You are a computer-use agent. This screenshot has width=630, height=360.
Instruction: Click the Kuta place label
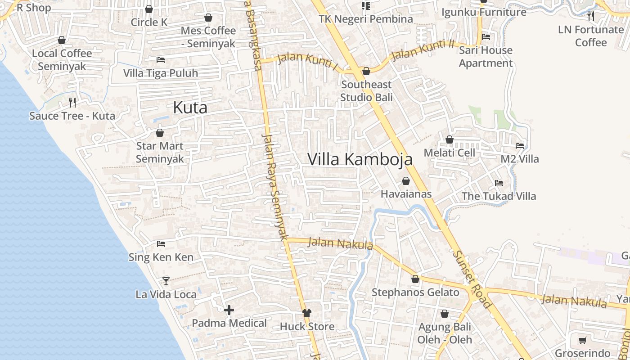(190, 108)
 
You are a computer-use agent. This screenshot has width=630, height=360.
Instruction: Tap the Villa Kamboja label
(360, 159)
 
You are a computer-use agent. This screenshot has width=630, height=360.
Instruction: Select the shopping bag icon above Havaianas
(406, 181)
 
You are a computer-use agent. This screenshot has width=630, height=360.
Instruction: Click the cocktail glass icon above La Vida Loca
(166, 281)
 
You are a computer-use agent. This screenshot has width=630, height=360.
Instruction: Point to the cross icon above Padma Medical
(229, 310)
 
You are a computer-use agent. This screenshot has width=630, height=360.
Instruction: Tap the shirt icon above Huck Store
(307, 313)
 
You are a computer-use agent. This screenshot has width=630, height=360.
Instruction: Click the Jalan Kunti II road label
(423, 49)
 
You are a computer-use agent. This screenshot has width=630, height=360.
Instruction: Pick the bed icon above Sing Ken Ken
(161, 244)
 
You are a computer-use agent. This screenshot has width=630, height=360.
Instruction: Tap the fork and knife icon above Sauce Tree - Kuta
(72, 103)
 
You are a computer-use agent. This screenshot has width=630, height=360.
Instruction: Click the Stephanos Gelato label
(415, 292)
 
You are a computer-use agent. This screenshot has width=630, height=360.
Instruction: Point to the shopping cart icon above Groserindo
(582, 340)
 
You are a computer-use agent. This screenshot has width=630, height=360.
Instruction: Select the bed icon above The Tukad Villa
(499, 183)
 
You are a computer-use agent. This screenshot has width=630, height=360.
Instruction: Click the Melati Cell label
(449, 153)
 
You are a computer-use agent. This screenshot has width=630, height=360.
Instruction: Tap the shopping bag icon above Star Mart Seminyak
(159, 133)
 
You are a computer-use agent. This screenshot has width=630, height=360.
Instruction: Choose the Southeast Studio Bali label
(366, 91)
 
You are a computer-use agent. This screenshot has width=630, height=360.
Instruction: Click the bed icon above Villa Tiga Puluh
(161, 59)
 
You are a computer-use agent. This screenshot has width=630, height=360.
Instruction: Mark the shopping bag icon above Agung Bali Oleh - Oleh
(445, 314)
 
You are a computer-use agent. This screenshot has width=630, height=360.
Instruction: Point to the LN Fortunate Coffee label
(590, 36)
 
